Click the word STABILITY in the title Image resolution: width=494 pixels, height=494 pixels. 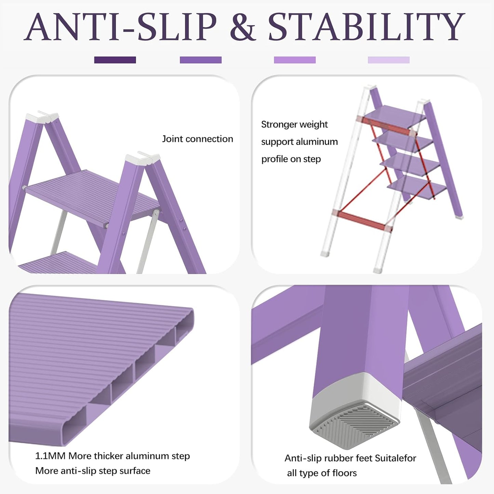366,27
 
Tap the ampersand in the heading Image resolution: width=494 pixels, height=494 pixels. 243,27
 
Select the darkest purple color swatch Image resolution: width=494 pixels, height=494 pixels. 115,60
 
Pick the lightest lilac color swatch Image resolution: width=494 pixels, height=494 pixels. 388,60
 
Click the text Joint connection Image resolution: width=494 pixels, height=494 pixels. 197,139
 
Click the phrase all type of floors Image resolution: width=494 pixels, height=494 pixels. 322,473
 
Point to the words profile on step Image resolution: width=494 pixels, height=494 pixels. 291,159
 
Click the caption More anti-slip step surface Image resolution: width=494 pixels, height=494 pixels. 93,471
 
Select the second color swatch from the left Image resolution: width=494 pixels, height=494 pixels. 201,60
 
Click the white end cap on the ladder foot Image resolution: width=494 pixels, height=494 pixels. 356,393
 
